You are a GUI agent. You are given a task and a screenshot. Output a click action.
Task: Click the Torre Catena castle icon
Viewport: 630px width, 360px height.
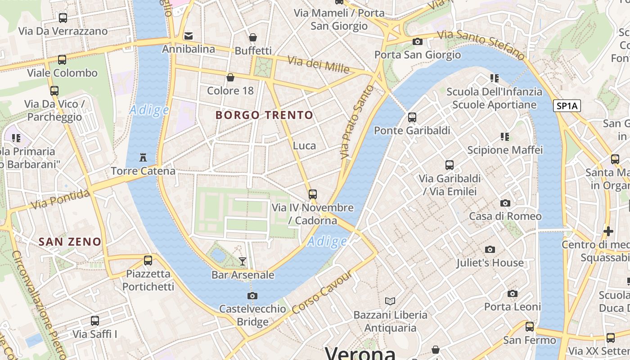(143, 157)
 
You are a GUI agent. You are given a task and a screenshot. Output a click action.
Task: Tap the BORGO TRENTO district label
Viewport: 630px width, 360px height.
(264, 115)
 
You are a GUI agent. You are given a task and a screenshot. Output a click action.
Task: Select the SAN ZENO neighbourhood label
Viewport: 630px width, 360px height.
(70, 242)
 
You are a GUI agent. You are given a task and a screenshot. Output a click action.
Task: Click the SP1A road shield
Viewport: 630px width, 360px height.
(567, 106)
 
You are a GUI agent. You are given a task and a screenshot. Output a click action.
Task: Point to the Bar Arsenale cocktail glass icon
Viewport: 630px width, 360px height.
(243, 261)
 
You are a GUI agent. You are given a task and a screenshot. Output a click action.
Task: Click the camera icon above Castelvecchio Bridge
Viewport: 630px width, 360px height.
(252, 296)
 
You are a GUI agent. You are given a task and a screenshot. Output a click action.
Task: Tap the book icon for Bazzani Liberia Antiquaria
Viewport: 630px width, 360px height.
(390, 301)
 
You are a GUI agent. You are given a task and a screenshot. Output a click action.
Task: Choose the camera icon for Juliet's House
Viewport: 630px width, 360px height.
(490, 249)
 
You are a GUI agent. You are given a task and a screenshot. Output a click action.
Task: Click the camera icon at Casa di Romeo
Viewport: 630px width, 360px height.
(505, 203)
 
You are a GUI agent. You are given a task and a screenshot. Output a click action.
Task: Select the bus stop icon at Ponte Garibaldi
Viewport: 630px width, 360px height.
(412, 117)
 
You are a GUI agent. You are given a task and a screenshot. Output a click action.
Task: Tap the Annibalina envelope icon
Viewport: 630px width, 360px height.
(189, 36)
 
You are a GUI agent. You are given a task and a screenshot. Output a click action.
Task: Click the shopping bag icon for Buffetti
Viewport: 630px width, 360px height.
(253, 37)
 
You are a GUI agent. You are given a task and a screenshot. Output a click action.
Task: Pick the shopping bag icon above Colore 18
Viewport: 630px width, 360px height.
(230, 77)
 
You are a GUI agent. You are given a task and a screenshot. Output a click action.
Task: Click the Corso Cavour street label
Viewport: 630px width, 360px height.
(321, 293)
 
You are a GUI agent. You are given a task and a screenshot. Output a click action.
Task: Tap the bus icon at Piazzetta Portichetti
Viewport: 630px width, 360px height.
(148, 260)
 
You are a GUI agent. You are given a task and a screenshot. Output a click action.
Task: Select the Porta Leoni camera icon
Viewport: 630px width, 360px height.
(513, 294)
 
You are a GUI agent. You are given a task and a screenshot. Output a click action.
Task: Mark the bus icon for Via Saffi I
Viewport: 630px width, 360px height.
(95, 321)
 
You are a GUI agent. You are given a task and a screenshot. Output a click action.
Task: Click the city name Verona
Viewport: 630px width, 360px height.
(360, 353)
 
